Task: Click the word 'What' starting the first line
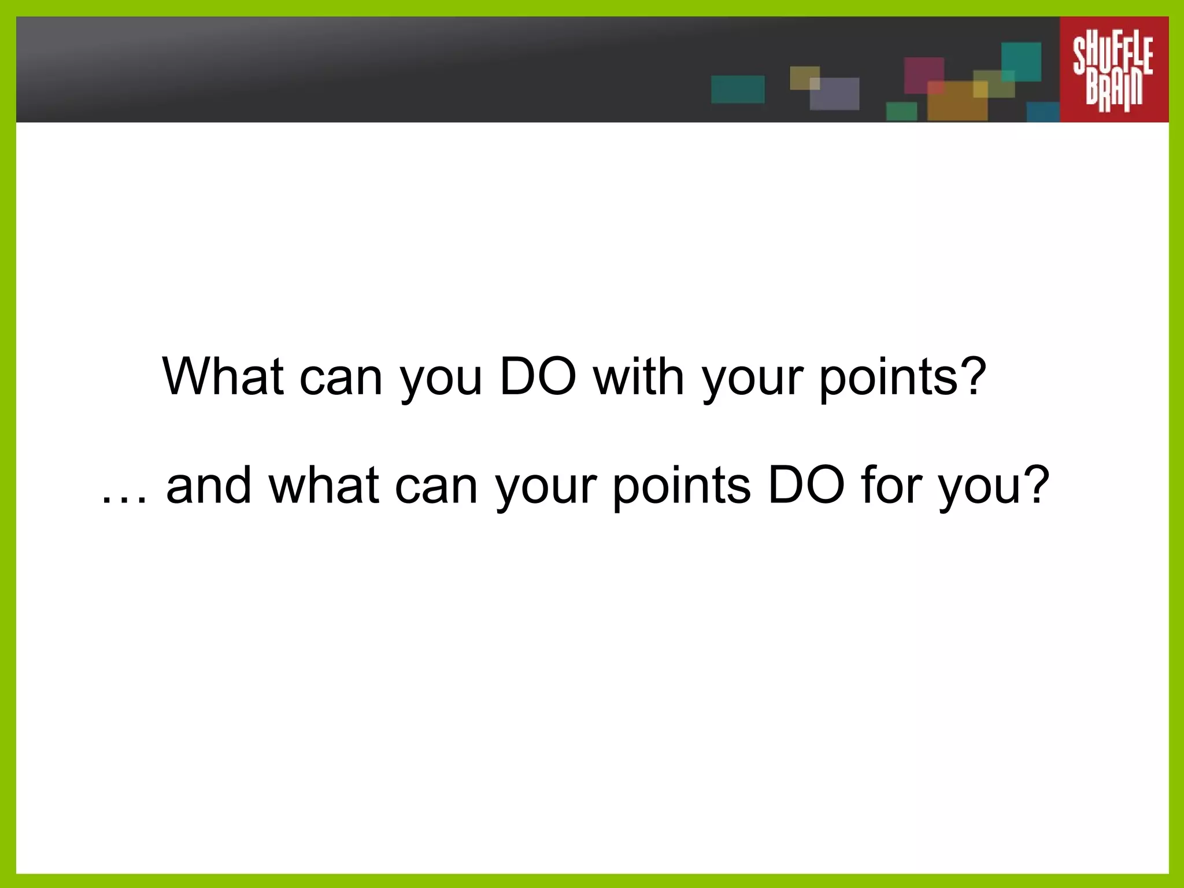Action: pos(223,376)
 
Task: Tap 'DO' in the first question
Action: pos(538,376)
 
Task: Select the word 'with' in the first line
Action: pos(638,376)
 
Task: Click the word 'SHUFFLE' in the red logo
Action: pos(1113,55)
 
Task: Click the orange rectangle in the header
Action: pos(957,101)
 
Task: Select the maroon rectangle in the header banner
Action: pos(923,74)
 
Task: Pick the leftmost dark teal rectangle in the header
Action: pos(737,90)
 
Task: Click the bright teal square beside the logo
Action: pos(1021,61)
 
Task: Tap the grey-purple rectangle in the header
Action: pos(834,94)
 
